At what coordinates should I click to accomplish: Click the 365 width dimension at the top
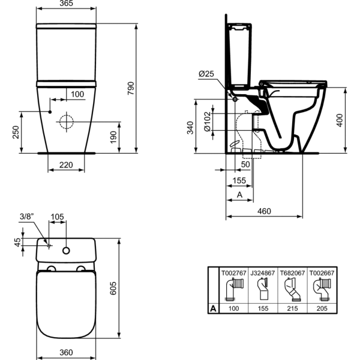(66, 4)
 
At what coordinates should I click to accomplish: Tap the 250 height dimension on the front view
(16, 132)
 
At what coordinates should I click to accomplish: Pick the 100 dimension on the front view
(77, 94)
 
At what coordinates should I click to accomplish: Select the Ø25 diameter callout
(207, 73)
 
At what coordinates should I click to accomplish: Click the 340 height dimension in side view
(191, 127)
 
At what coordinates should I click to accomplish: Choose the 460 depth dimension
(264, 211)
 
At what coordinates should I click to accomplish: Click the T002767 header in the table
(233, 273)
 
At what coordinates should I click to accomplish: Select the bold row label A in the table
(212, 308)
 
